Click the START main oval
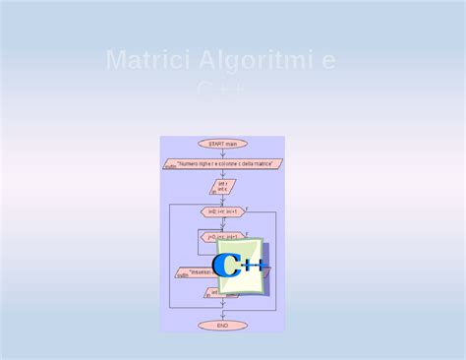point(222,144)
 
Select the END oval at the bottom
point(222,325)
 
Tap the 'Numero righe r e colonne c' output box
point(223,163)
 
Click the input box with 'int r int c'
point(222,186)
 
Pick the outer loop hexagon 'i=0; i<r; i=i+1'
point(222,211)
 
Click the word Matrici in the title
point(147,61)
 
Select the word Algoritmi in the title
point(253,61)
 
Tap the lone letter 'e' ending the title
point(328,62)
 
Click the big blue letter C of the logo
point(228,265)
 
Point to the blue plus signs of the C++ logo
point(253,266)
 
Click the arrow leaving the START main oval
point(222,152)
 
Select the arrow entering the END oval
point(222,314)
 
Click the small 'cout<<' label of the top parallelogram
point(170,167)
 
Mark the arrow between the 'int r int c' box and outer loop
point(222,200)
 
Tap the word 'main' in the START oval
point(232,144)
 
